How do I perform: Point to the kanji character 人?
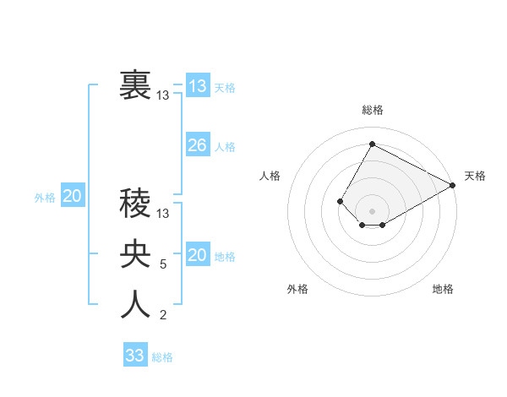click(136, 305)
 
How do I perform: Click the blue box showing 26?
click(197, 145)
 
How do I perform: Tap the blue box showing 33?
click(135, 356)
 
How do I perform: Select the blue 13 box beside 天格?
click(197, 86)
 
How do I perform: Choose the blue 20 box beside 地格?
click(197, 255)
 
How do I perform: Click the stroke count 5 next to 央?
click(163, 264)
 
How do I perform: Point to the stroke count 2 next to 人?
click(163, 316)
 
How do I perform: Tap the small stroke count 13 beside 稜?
click(163, 214)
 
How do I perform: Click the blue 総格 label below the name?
click(162, 357)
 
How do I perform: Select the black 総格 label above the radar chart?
click(373, 110)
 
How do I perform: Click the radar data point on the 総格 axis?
click(372, 144)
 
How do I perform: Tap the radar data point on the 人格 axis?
click(340, 201)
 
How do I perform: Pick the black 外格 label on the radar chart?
click(297, 289)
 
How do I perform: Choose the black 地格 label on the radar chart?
click(443, 289)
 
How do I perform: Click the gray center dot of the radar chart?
click(372, 210)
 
